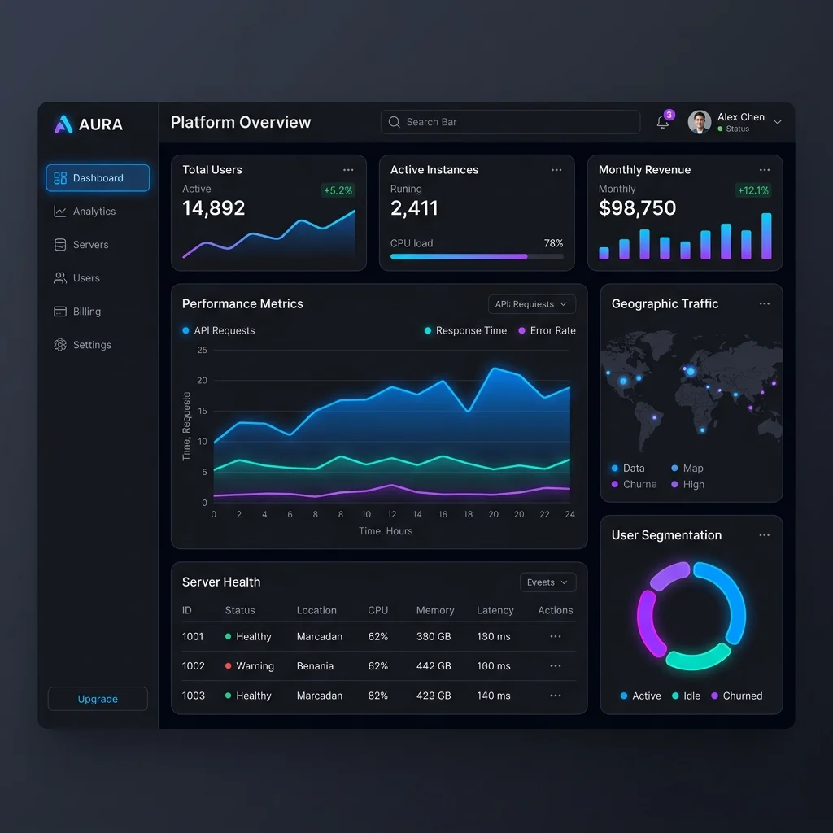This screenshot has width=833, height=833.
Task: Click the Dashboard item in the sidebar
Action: (x=98, y=177)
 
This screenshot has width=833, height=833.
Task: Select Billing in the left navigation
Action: (x=77, y=312)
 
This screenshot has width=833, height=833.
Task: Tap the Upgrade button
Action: (x=98, y=699)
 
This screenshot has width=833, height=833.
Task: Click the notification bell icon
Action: (x=662, y=122)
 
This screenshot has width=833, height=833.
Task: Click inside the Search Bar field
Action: (x=510, y=122)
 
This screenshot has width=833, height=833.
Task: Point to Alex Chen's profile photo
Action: (x=699, y=122)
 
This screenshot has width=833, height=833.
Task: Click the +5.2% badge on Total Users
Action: (x=338, y=190)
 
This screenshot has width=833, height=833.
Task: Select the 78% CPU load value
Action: (x=553, y=243)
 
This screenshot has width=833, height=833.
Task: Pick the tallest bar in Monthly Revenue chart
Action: (x=766, y=236)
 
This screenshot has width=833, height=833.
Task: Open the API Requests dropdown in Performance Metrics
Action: (x=532, y=304)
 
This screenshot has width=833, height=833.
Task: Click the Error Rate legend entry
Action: (x=547, y=330)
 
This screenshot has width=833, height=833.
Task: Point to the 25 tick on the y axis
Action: (x=202, y=350)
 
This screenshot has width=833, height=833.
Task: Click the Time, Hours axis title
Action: (x=386, y=530)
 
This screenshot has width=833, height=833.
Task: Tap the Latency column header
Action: (x=495, y=610)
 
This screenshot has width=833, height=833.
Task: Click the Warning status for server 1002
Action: (x=250, y=666)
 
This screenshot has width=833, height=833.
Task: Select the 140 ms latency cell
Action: (x=494, y=696)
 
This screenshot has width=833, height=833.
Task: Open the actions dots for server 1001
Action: (x=555, y=636)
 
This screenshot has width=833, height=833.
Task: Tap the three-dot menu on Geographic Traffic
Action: (x=765, y=304)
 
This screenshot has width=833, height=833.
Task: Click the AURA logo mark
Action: (x=63, y=124)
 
